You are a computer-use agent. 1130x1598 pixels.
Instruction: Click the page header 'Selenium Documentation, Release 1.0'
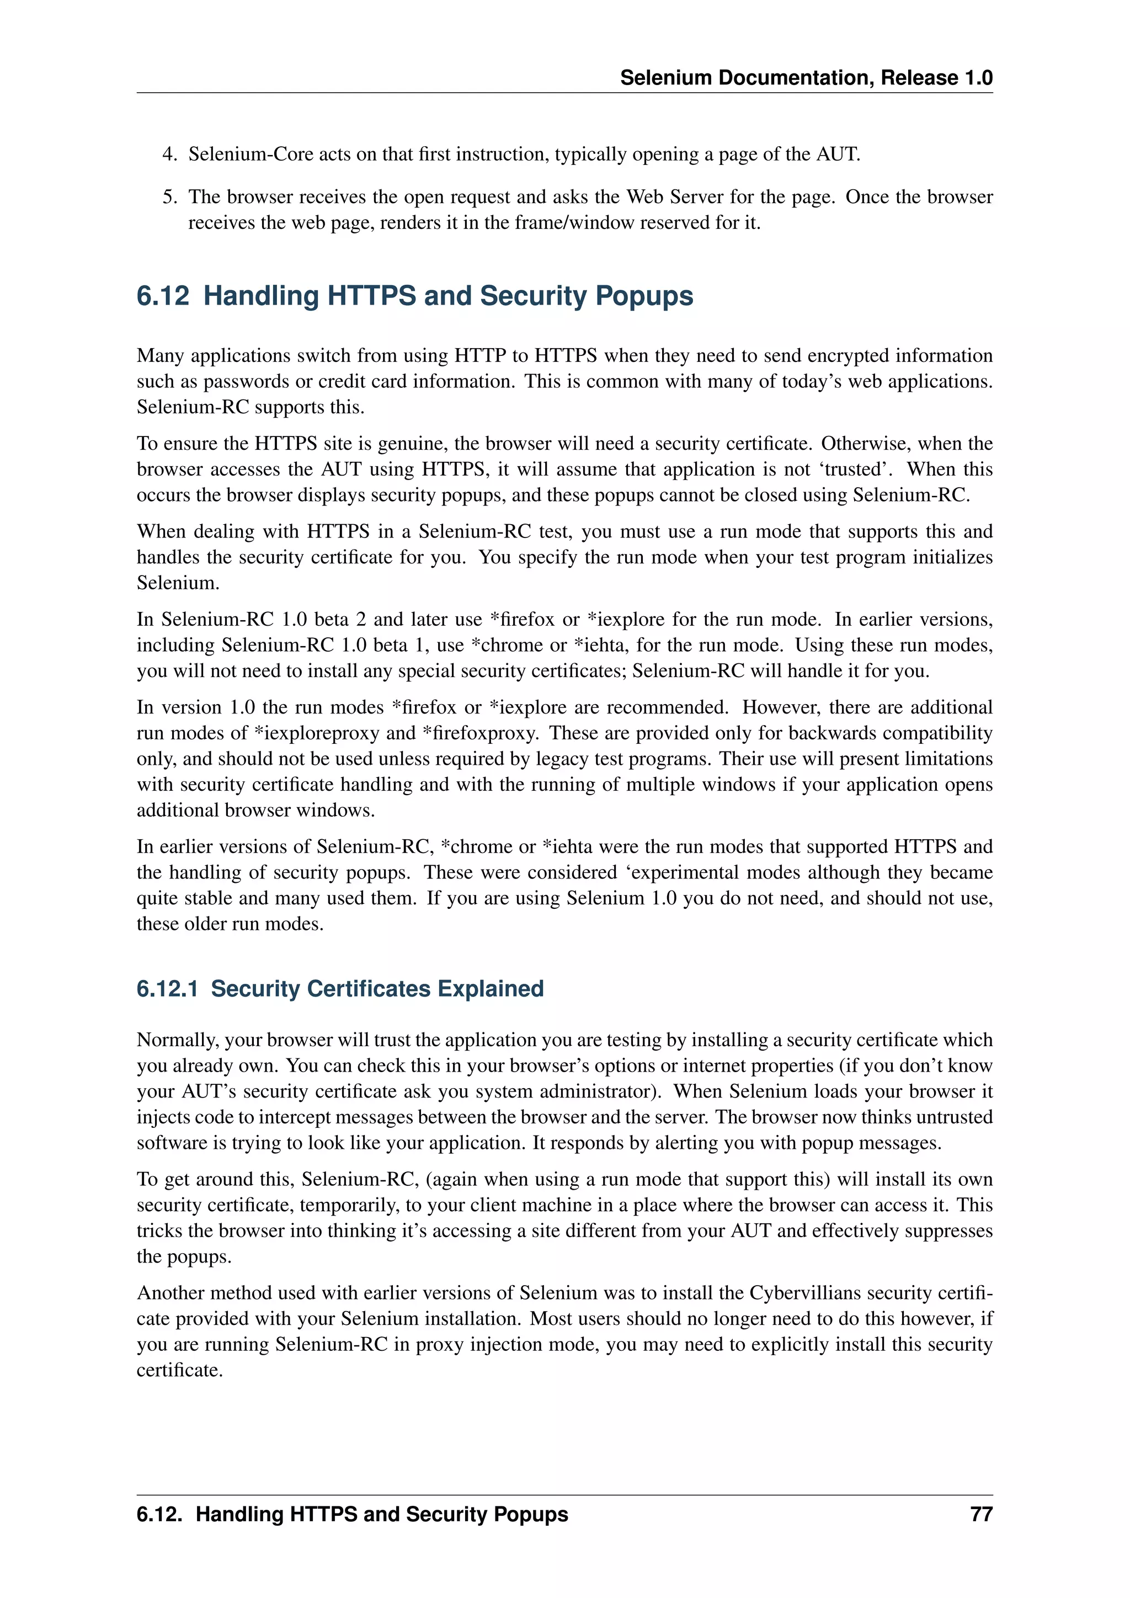(806, 77)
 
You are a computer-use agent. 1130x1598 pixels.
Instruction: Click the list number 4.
(169, 154)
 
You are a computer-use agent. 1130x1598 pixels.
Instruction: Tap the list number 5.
(169, 197)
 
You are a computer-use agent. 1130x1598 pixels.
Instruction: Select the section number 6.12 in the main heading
(163, 296)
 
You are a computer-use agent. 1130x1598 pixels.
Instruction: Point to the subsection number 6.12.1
(167, 988)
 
